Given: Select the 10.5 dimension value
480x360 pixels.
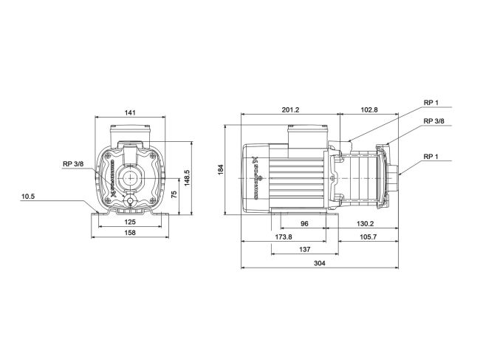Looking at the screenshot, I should point(27,197).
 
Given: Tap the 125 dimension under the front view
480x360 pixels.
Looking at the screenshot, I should point(129,222).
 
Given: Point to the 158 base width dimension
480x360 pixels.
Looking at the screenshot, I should point(129,233).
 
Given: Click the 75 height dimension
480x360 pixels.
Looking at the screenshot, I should point(174,194).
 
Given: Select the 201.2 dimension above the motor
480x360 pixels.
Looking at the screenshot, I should point(290,110).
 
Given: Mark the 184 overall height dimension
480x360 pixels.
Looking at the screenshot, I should point(220,169).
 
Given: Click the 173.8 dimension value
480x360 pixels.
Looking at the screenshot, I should point(282,237).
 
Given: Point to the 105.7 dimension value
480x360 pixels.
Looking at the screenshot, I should point(367,237).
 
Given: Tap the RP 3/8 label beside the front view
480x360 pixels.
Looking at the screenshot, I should point(73,165).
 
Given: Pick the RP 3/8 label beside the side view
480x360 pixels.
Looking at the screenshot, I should point(433,121).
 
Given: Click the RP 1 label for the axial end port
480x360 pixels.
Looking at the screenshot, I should point(433,157).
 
